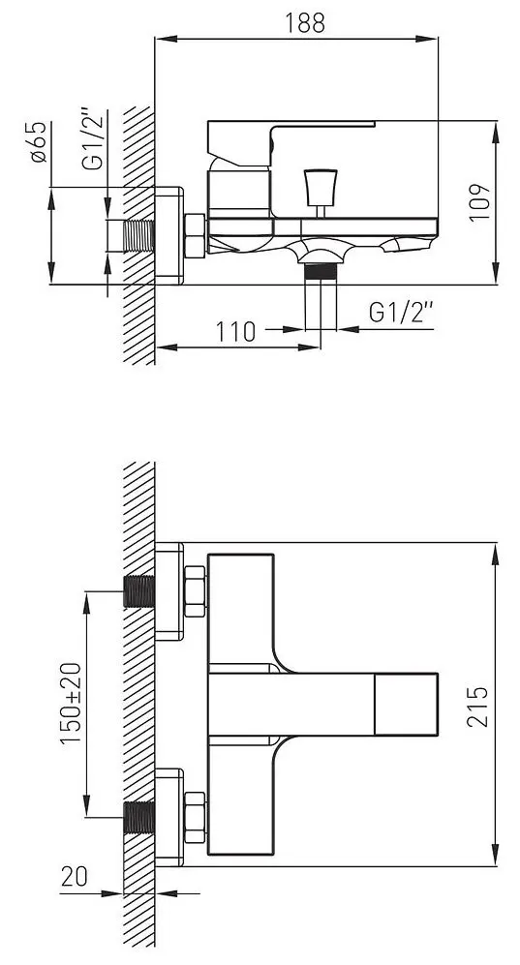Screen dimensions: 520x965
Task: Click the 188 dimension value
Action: pos(305,23)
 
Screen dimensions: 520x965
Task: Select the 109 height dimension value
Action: pos(479,202)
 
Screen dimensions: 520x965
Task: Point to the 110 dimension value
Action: pos(235,332)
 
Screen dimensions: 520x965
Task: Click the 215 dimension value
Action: pos(477,706)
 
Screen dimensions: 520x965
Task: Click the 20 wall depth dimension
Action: pos(75,876)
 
